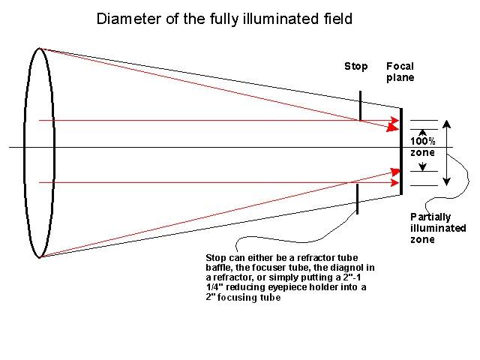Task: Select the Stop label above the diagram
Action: point(355,66)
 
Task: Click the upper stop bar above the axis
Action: point(361,105)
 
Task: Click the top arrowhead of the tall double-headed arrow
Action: point(446,124)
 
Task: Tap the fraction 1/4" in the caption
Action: point(216,287)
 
